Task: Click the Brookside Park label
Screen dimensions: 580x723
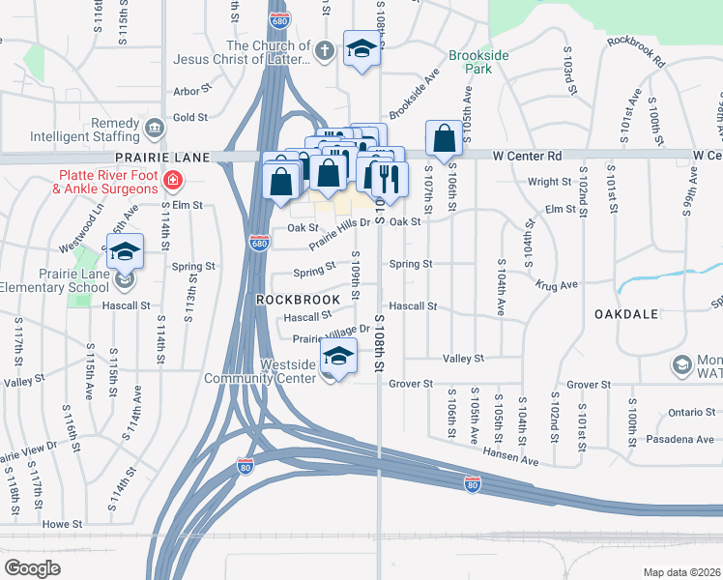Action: click(478, 64)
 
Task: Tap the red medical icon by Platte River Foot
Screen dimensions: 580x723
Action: click(173, 180)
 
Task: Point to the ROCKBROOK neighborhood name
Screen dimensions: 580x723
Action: click(298, 300)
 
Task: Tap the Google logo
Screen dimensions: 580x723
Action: click(32, 568)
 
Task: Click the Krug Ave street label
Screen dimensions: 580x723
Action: click(557, 284)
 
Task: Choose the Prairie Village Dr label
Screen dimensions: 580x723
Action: click(332, 333)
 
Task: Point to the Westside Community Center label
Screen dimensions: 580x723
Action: click(260, 371)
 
